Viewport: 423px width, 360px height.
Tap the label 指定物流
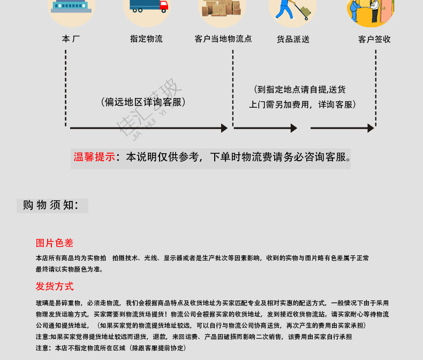coord(146,39)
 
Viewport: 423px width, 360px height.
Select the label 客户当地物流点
coord(223,39)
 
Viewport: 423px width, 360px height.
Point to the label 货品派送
coord(293,39)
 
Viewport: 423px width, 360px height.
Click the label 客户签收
coord(374,39)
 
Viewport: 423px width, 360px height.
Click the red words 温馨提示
coord(94,157)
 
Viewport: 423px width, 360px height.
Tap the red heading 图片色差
coord(55,243)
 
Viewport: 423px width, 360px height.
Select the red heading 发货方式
coord(55,286)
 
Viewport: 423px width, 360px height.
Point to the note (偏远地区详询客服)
coord(143,102)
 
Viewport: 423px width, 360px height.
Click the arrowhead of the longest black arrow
coord(225,128)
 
